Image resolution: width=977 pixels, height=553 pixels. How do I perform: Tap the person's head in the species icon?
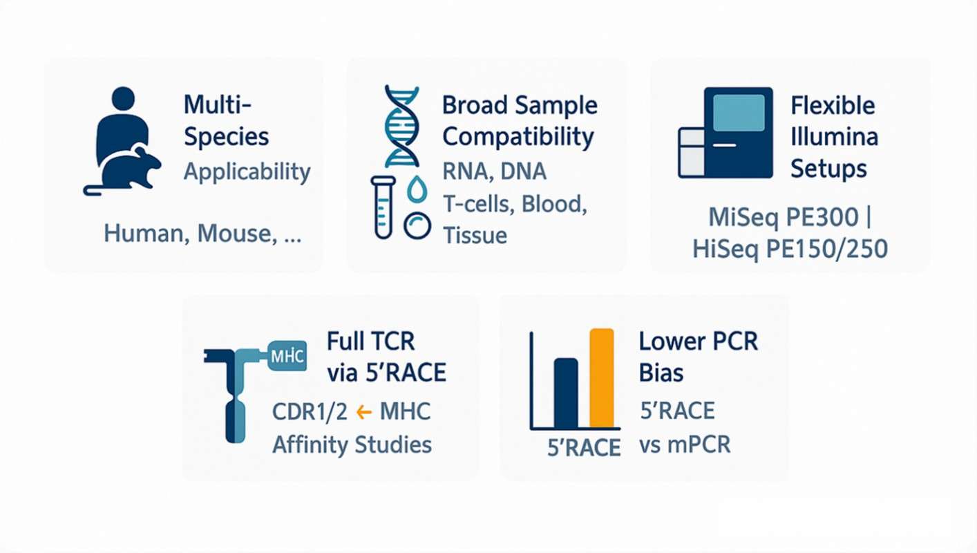pyautogui.click(x=122, y=98)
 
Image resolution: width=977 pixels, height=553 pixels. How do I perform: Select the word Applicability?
pyautogui.click(x=247, y=171)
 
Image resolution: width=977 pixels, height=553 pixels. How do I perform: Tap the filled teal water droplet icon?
pyautogui.click(x=417, y=189)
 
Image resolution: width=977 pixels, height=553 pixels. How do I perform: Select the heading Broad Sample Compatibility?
pyautogui.click(x=519, y=121)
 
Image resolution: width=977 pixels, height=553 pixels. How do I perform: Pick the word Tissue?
pyautogui.click(x=475, y=235)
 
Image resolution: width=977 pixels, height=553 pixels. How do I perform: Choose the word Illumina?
pyautogui.click(x=834, y=136)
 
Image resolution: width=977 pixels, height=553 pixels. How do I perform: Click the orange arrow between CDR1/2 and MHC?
pyautogui.click(x=363, y=413)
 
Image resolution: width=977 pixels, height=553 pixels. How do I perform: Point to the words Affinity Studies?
pyautogui.click(x=352, y=444)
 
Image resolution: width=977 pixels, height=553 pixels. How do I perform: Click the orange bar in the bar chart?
pyautogui.click(x=601, y=378)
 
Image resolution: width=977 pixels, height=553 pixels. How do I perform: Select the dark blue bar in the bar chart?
pyautogui.click(x=566, y=393)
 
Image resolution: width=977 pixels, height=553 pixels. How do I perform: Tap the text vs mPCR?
pyautogui.click(x=684, y=444)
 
